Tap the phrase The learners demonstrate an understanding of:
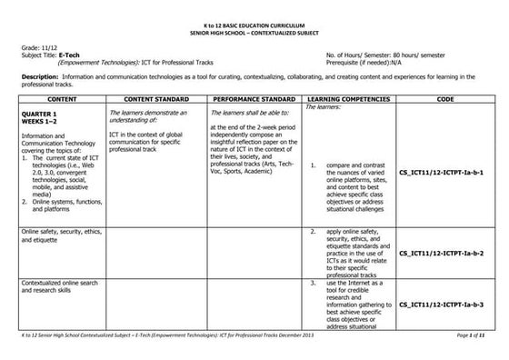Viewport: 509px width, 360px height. pos(146,115)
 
